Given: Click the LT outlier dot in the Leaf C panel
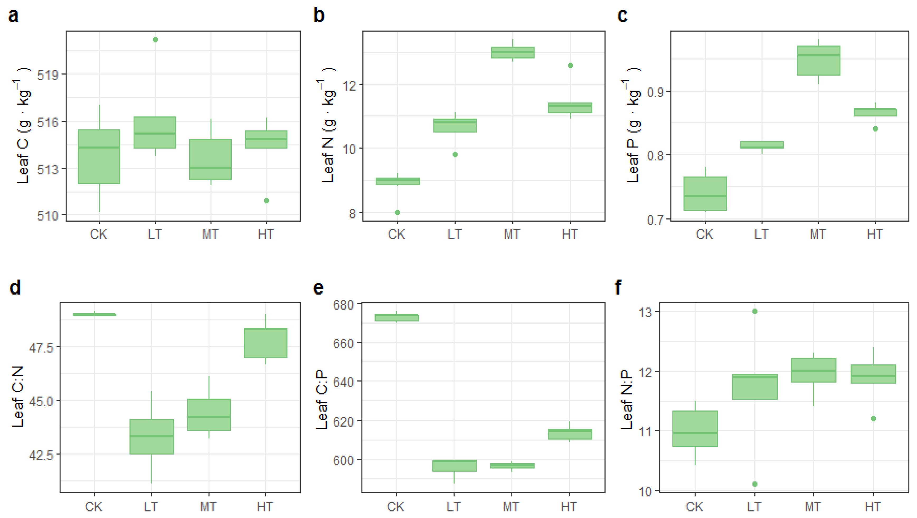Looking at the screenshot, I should point(155,40).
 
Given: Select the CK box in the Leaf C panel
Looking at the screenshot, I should point(99,157).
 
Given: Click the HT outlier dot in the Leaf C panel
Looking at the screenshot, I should point(267,200).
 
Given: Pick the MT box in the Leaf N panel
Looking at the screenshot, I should point(513,52).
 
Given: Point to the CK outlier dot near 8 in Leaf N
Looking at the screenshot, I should point(397,212).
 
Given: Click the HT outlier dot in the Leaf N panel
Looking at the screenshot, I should point(570,65).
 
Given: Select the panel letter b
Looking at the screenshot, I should point(319,15).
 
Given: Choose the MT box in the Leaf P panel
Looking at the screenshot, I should point(818,60).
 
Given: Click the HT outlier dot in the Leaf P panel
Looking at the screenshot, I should point(875,129).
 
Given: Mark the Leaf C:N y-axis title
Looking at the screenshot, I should point(17,396).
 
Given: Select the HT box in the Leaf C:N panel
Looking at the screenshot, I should point(266,343).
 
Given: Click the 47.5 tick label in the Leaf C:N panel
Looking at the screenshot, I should point(41,347).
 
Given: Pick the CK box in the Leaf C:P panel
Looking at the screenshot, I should point(396,318).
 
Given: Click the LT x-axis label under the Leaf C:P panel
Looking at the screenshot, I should point(453,506).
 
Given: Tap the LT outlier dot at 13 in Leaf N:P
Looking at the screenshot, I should point(755,311).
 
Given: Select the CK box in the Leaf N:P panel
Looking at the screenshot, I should point(695,428).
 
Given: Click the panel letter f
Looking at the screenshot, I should point(618,287).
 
